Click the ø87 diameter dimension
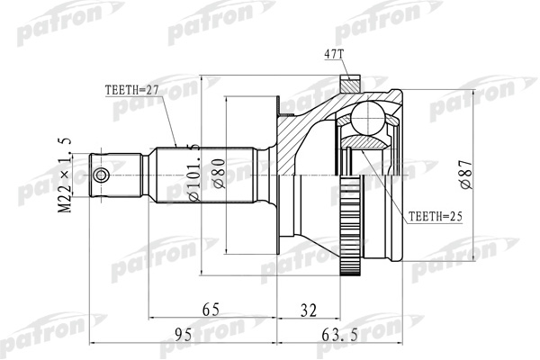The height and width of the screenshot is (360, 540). pos(464,168)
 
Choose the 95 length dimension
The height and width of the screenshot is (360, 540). pos(183,336)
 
